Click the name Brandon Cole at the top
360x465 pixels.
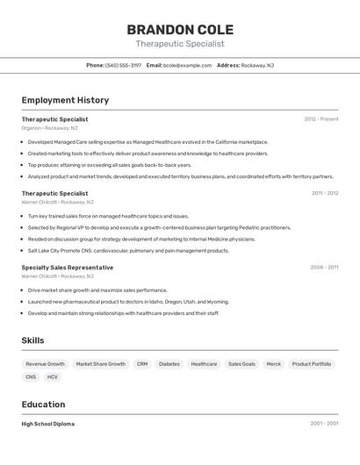coord(180,30)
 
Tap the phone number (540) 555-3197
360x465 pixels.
coord(123,66)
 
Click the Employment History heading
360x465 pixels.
coord(65,100)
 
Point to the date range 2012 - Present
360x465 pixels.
coord(321,119)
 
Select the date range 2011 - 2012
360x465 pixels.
coord(325,193)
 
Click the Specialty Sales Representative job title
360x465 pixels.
coord(68,267)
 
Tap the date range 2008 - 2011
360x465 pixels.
coord(324,267)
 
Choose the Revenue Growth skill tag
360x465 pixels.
coord(45,364)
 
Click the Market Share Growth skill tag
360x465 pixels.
coord(100,364)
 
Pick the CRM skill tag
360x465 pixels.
coord(142,364)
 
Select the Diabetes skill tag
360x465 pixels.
coord(169,364)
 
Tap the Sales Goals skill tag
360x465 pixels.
coord(241,364)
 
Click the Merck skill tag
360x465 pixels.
coord(274,364)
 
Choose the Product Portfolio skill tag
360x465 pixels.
coord(312,364)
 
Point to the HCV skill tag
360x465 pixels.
coord(53,377)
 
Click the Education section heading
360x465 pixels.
coord(43,404)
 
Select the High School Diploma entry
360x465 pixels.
coord(48,424)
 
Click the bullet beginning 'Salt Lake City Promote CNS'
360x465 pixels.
coord(128,251)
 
